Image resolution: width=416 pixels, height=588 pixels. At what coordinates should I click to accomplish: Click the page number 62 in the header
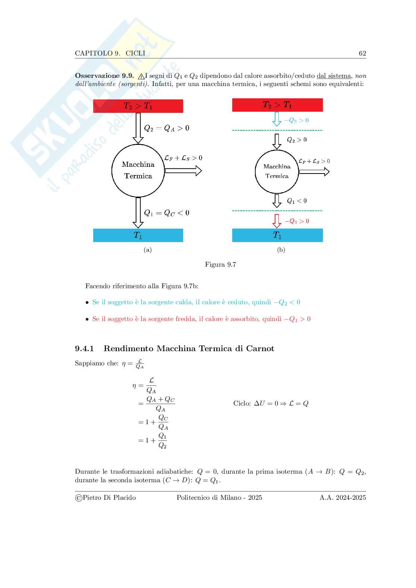click(x=362, y=53)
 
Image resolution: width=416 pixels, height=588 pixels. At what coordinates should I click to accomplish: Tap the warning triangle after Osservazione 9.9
click(x=141, y=76)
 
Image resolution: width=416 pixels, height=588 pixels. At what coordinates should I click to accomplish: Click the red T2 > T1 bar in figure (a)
click(x=138, y=106)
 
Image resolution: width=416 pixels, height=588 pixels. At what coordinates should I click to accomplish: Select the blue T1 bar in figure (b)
click(x=277, y=235)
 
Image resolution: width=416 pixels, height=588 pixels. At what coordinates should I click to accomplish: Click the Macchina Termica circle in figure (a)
click(x=138, y=170)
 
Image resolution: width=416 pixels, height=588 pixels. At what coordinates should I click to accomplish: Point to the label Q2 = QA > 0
click(x=167, y=128)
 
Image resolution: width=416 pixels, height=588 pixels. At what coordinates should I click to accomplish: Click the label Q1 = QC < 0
click(x=167, y=213)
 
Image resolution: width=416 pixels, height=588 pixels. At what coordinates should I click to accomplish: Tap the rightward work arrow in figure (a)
click(x=183, y=171)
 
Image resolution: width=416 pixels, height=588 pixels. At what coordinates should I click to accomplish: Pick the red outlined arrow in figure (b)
click(x=277, y=221)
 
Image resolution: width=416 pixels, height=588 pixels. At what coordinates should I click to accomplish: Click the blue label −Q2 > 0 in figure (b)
click(x=296, y=120)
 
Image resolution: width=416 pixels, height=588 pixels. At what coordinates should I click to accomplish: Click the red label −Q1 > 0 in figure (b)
click(x=297, y=221)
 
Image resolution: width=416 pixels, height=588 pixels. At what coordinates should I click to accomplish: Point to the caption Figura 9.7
click(x=220, y=265)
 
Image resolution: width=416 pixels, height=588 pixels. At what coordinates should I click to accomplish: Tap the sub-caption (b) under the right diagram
click(x=281, y=250)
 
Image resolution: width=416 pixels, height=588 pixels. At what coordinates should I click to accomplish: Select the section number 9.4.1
click(x=84, y=349)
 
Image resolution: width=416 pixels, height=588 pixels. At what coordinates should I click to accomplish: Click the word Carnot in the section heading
click(x=260, y=349)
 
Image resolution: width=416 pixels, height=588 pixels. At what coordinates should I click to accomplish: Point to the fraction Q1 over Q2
click(x=163, y=441)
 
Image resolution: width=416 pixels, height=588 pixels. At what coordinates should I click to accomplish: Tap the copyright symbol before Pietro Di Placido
click(x=78, y=498)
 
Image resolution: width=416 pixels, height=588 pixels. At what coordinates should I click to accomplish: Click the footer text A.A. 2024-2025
click(x=343, y=498)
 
